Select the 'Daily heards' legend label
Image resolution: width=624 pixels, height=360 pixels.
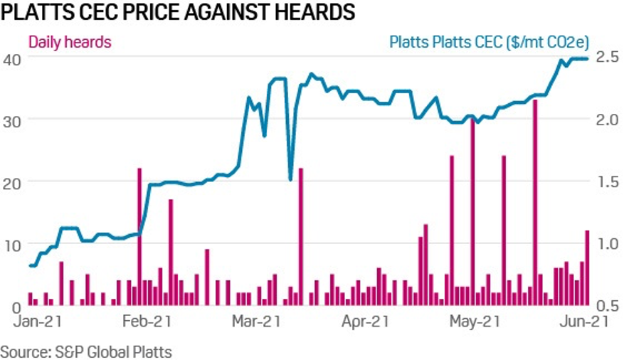(x=69, y=43)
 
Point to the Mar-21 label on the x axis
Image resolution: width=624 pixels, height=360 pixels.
(x=254, y=322)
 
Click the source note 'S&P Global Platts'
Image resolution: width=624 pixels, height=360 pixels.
(x=85, y=351)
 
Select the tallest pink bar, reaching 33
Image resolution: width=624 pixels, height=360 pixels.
(x=535, y=203)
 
